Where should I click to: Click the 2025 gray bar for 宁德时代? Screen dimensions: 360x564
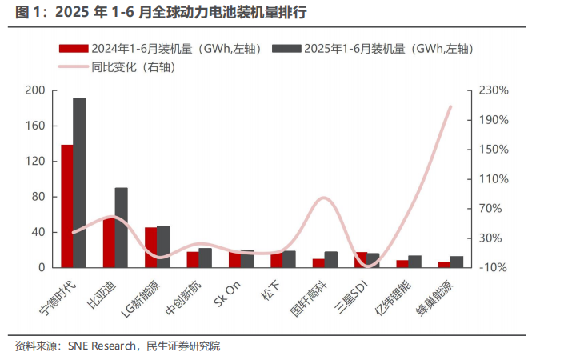pyautogui.click(x=79, y=182)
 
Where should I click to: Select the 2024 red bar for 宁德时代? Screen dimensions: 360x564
pyautogui.click(x=67, y=206)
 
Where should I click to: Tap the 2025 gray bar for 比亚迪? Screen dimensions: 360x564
pyautogui.click(x=121, y=227)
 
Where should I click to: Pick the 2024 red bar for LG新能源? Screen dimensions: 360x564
pyautogui.click(x=150, y=247)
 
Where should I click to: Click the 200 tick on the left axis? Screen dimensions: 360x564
pyautogui.click(x=35, y=90)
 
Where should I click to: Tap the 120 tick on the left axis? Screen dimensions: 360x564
pyautogui.click(x=35, y=162)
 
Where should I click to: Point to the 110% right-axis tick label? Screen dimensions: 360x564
pyautogui.click(x=494, y=179)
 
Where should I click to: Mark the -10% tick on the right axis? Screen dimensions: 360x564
pyautogui.click(x=494, y=267)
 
